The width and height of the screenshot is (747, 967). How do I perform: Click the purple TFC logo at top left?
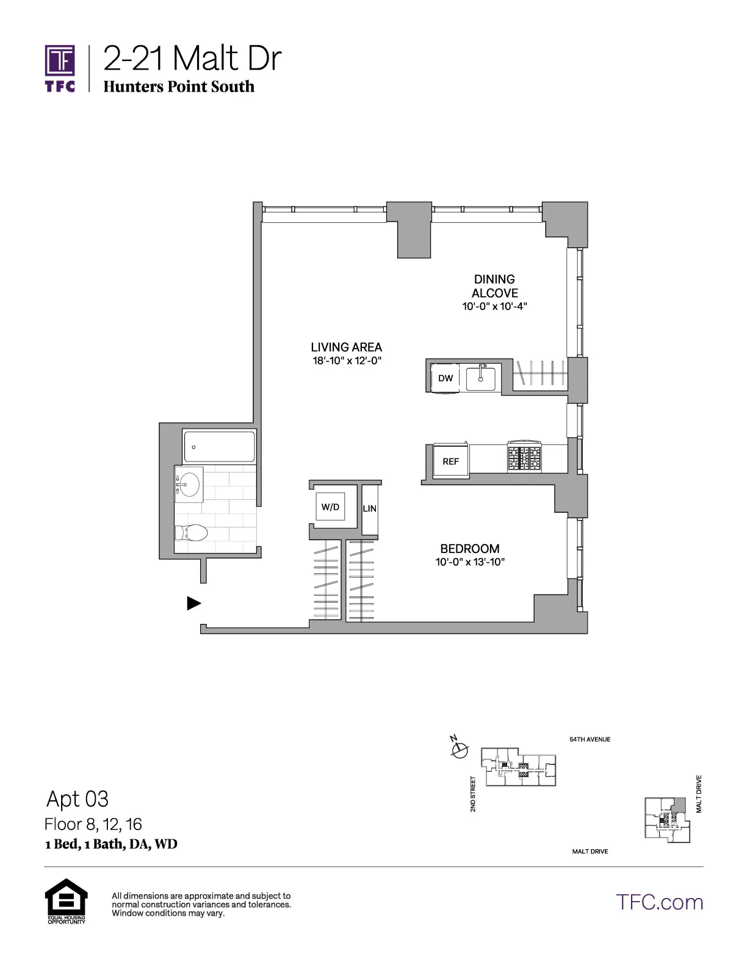[60, 67]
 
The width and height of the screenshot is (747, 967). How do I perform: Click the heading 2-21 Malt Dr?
[192, 59]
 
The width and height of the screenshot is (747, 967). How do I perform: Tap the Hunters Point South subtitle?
[178, 87]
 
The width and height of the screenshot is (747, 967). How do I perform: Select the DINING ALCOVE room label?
[494, 286]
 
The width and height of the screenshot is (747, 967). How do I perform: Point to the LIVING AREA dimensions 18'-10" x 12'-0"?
[347, 361]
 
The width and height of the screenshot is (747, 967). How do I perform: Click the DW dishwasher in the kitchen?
[446, 378]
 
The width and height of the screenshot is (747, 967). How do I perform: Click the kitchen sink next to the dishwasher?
[482, 378]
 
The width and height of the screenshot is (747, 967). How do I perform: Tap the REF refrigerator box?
[450, 462]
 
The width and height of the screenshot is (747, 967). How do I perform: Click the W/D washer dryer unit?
[331, 507]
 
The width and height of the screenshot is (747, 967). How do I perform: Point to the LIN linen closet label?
[369, 508]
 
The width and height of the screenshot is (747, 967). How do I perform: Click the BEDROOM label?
[470, 549]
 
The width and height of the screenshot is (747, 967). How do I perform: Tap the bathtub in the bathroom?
[219, 446]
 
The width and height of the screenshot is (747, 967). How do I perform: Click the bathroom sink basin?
[189, 485]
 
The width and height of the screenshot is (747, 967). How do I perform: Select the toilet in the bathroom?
[192, 533]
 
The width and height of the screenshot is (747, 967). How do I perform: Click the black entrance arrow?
[193, 603]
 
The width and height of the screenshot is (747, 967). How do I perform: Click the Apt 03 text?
[78, 799]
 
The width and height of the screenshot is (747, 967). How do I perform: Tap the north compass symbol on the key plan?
[460, 748]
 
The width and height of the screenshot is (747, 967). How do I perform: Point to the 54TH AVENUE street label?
[590, 739]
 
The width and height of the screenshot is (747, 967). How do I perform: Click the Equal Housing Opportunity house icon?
[66, 897]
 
